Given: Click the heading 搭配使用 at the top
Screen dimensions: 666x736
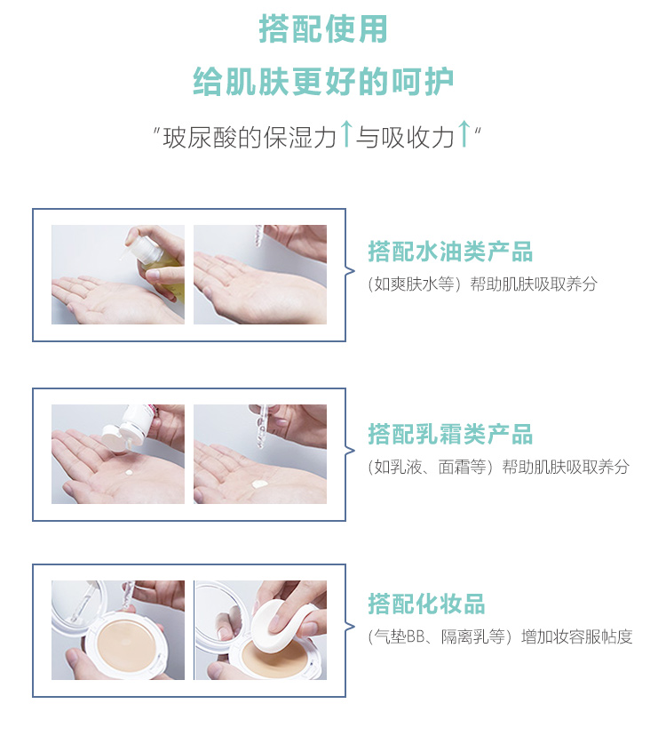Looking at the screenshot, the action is [x=323, y=28].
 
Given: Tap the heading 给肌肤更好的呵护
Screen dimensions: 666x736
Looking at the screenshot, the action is [x=323, y=82].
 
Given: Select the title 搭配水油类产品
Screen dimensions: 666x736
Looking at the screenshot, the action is [x=450, y=252].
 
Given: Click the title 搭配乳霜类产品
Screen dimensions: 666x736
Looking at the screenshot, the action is [x=450, y=434].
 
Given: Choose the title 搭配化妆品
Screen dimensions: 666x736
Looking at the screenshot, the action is [x=426, y=604].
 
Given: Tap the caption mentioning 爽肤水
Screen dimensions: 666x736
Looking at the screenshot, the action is [x=482, y=284].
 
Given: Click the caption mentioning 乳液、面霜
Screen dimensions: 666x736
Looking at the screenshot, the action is [x=498, y=467].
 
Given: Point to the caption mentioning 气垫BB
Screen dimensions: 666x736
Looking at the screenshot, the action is [x=501, y=637].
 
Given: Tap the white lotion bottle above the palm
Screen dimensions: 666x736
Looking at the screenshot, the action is [x=128, y=428].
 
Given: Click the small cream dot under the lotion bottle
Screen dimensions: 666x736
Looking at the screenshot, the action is [x=129, y=473].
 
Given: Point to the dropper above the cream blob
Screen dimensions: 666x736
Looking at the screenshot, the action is [x=262, y=426].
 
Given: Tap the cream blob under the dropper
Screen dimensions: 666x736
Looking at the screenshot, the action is [x=259, y=484].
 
